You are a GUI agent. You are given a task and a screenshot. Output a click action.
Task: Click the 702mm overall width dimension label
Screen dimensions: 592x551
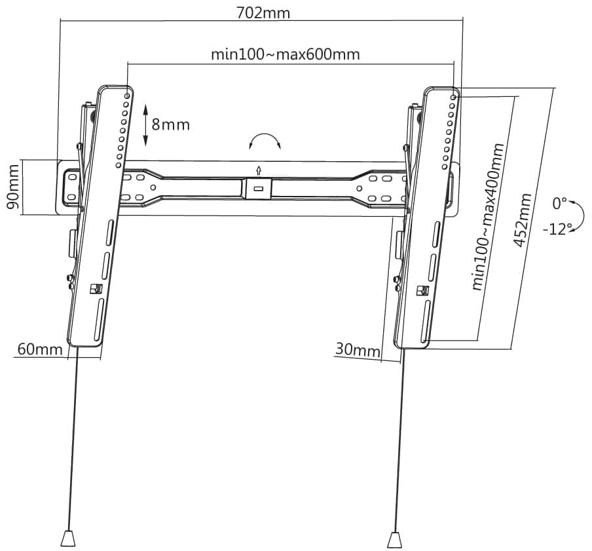pyautogui.click(x=263, y=13)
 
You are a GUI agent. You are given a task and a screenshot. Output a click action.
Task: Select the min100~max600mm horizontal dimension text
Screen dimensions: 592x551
pyautogui.click(x=286, y=54)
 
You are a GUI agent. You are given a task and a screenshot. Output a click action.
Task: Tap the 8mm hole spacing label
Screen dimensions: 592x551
pyautogui.click(x=171, y=124)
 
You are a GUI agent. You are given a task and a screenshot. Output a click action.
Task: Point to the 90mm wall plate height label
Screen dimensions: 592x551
pyautogui.click(x=13, y=187)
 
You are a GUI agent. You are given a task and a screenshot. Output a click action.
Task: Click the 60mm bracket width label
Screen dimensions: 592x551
pyautogui.click(x=40, y=349)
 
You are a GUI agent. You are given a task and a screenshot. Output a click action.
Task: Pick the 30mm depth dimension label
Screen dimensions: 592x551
pyautogui.click(x=358, y=350)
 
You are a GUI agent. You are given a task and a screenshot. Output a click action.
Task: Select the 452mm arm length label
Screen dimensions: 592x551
pyautogui.click(x=523, y=220)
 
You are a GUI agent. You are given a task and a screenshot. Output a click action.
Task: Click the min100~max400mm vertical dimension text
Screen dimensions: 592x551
pyautogui.click(x=488, y=217)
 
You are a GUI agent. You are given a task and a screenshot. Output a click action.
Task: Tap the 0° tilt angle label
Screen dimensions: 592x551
pyautogui.click(x=559, y=204)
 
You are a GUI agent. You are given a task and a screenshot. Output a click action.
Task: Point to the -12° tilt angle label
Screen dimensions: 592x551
pyautogui.click(x=557, y=229)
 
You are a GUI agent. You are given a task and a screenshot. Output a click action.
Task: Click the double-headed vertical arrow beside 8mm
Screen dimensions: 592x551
pyautogui.click(x=145, y=126)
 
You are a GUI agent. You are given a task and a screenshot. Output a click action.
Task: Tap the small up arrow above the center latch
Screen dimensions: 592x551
pyautogui.click(x=259, y=170)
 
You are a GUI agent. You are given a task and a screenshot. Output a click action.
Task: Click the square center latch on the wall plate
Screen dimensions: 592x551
pyautogui.click(x=259, y=189)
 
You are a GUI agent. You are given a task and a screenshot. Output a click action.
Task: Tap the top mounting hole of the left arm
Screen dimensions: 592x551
pyautogui.click(x=127, y=96)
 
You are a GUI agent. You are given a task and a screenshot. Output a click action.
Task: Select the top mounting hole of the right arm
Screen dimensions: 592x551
pyautogui.click(x=453, y=98)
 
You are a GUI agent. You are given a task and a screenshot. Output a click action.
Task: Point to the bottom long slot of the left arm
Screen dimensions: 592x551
pyautogui.click(x=98, y=320)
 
